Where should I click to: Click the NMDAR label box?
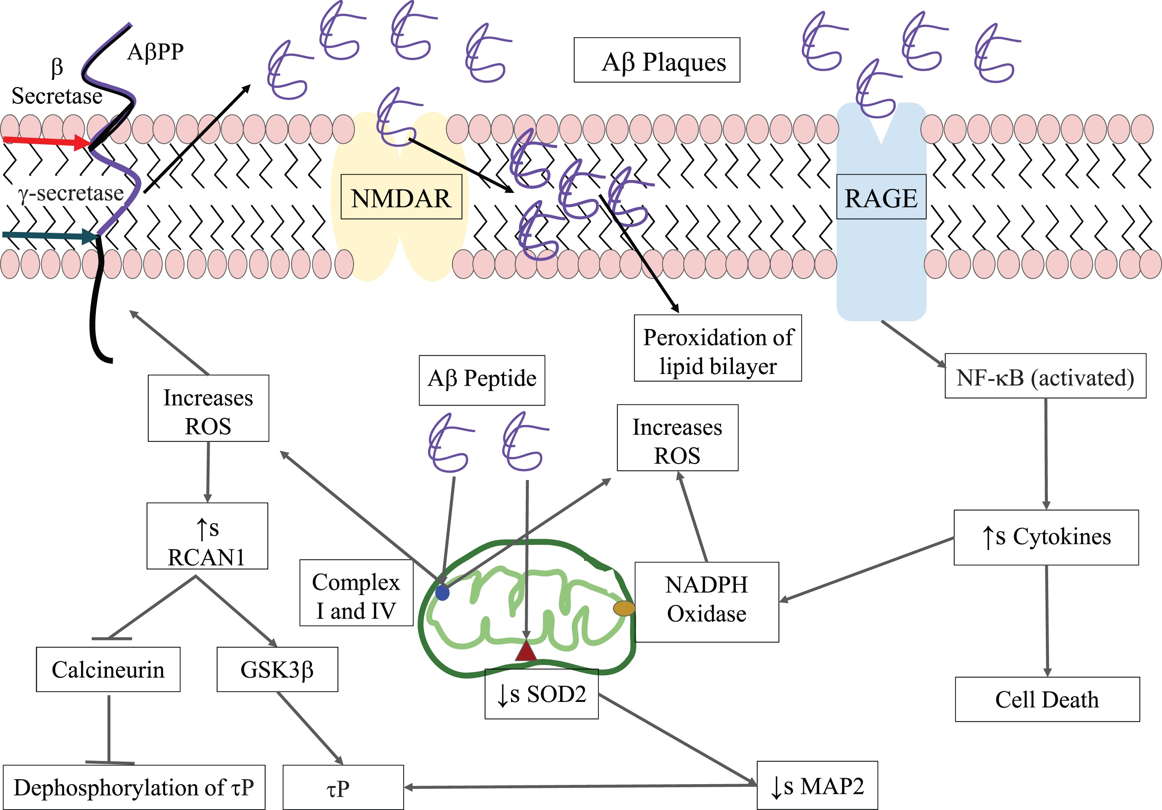pos(401,197)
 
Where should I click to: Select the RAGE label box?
pos(881,197)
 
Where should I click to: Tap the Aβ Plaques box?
pos(657,60)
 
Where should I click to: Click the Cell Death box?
pos(1047,699)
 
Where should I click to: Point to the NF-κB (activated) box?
pos(1046,376)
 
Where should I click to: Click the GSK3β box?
pos(277,669)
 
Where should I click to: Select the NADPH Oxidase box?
pos(707,602)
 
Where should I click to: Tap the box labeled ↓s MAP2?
pos(817,785)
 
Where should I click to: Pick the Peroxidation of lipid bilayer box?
pos(718,348)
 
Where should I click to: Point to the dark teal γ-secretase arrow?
pos(49,235)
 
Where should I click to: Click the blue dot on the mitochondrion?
pos(443,592)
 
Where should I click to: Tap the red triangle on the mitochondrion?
pos(526,651)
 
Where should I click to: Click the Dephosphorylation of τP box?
pos(134,787)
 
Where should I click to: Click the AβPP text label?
pos(155,52)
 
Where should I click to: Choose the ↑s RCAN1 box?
pos(207,536)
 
